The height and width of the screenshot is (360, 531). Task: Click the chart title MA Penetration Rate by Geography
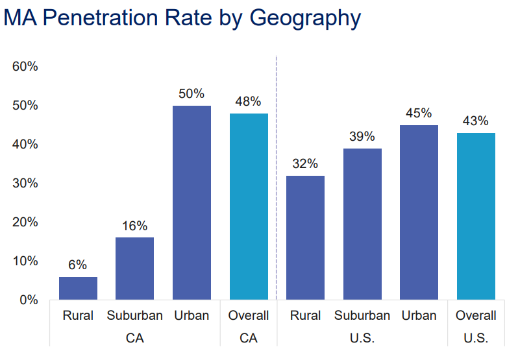tap(182, 18)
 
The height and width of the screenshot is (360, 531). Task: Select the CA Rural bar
tap(78, 288)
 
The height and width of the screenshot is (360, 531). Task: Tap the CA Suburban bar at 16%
tap(135, 268)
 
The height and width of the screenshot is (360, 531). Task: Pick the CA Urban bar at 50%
tap(191, 202)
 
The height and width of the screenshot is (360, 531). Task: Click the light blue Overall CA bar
tap(249, 206)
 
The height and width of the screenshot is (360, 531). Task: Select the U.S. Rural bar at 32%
tap(305, 237)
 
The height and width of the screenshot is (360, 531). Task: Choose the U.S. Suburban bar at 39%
tap(362, 224)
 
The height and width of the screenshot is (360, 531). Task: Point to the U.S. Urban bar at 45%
tap(419, 212)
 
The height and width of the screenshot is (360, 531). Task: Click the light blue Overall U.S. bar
tap(476, 216)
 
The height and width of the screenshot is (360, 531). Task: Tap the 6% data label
tap(78, 265)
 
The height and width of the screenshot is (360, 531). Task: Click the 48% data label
tap(249, 101)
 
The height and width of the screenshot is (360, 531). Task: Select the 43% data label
tap(476, 121)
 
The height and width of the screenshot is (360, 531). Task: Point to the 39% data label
tap(362, 136)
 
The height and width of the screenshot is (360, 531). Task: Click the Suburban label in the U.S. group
tap(362, 316)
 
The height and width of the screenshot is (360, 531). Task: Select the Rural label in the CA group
tap(78, 316)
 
